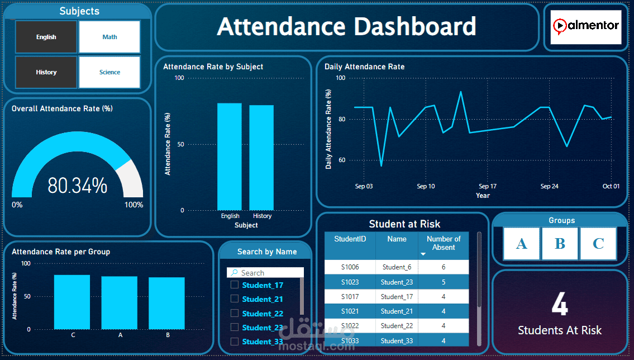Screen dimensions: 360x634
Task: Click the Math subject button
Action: click(109, 37)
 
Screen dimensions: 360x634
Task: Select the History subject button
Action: click(46, 72)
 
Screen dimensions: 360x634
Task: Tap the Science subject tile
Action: click(109, 72)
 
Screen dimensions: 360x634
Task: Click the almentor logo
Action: click(585, 26)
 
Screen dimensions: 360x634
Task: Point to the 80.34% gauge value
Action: click(77, 186)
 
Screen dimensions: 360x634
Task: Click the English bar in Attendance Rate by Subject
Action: click(230, 157)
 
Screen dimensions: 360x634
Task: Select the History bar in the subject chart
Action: click(261, 158)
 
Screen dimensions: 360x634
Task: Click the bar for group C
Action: click(72, 302)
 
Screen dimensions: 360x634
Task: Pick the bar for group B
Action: click(166, 303)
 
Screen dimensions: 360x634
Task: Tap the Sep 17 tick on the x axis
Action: click(488, 186)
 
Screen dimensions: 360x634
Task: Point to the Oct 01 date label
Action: click(611, 186)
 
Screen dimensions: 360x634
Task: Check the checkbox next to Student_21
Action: click(235, 299)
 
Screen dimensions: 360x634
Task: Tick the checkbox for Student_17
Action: click(235, 285)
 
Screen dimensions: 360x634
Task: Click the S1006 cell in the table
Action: click(350, 267)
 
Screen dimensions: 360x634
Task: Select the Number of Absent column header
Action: click(444, 243)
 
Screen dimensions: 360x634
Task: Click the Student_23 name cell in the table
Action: click(397, 282)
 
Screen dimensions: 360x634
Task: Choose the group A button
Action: click(522, 244)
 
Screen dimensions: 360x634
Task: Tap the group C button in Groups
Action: click(598, 244)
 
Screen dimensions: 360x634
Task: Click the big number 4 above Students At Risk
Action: click(559, 305)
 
